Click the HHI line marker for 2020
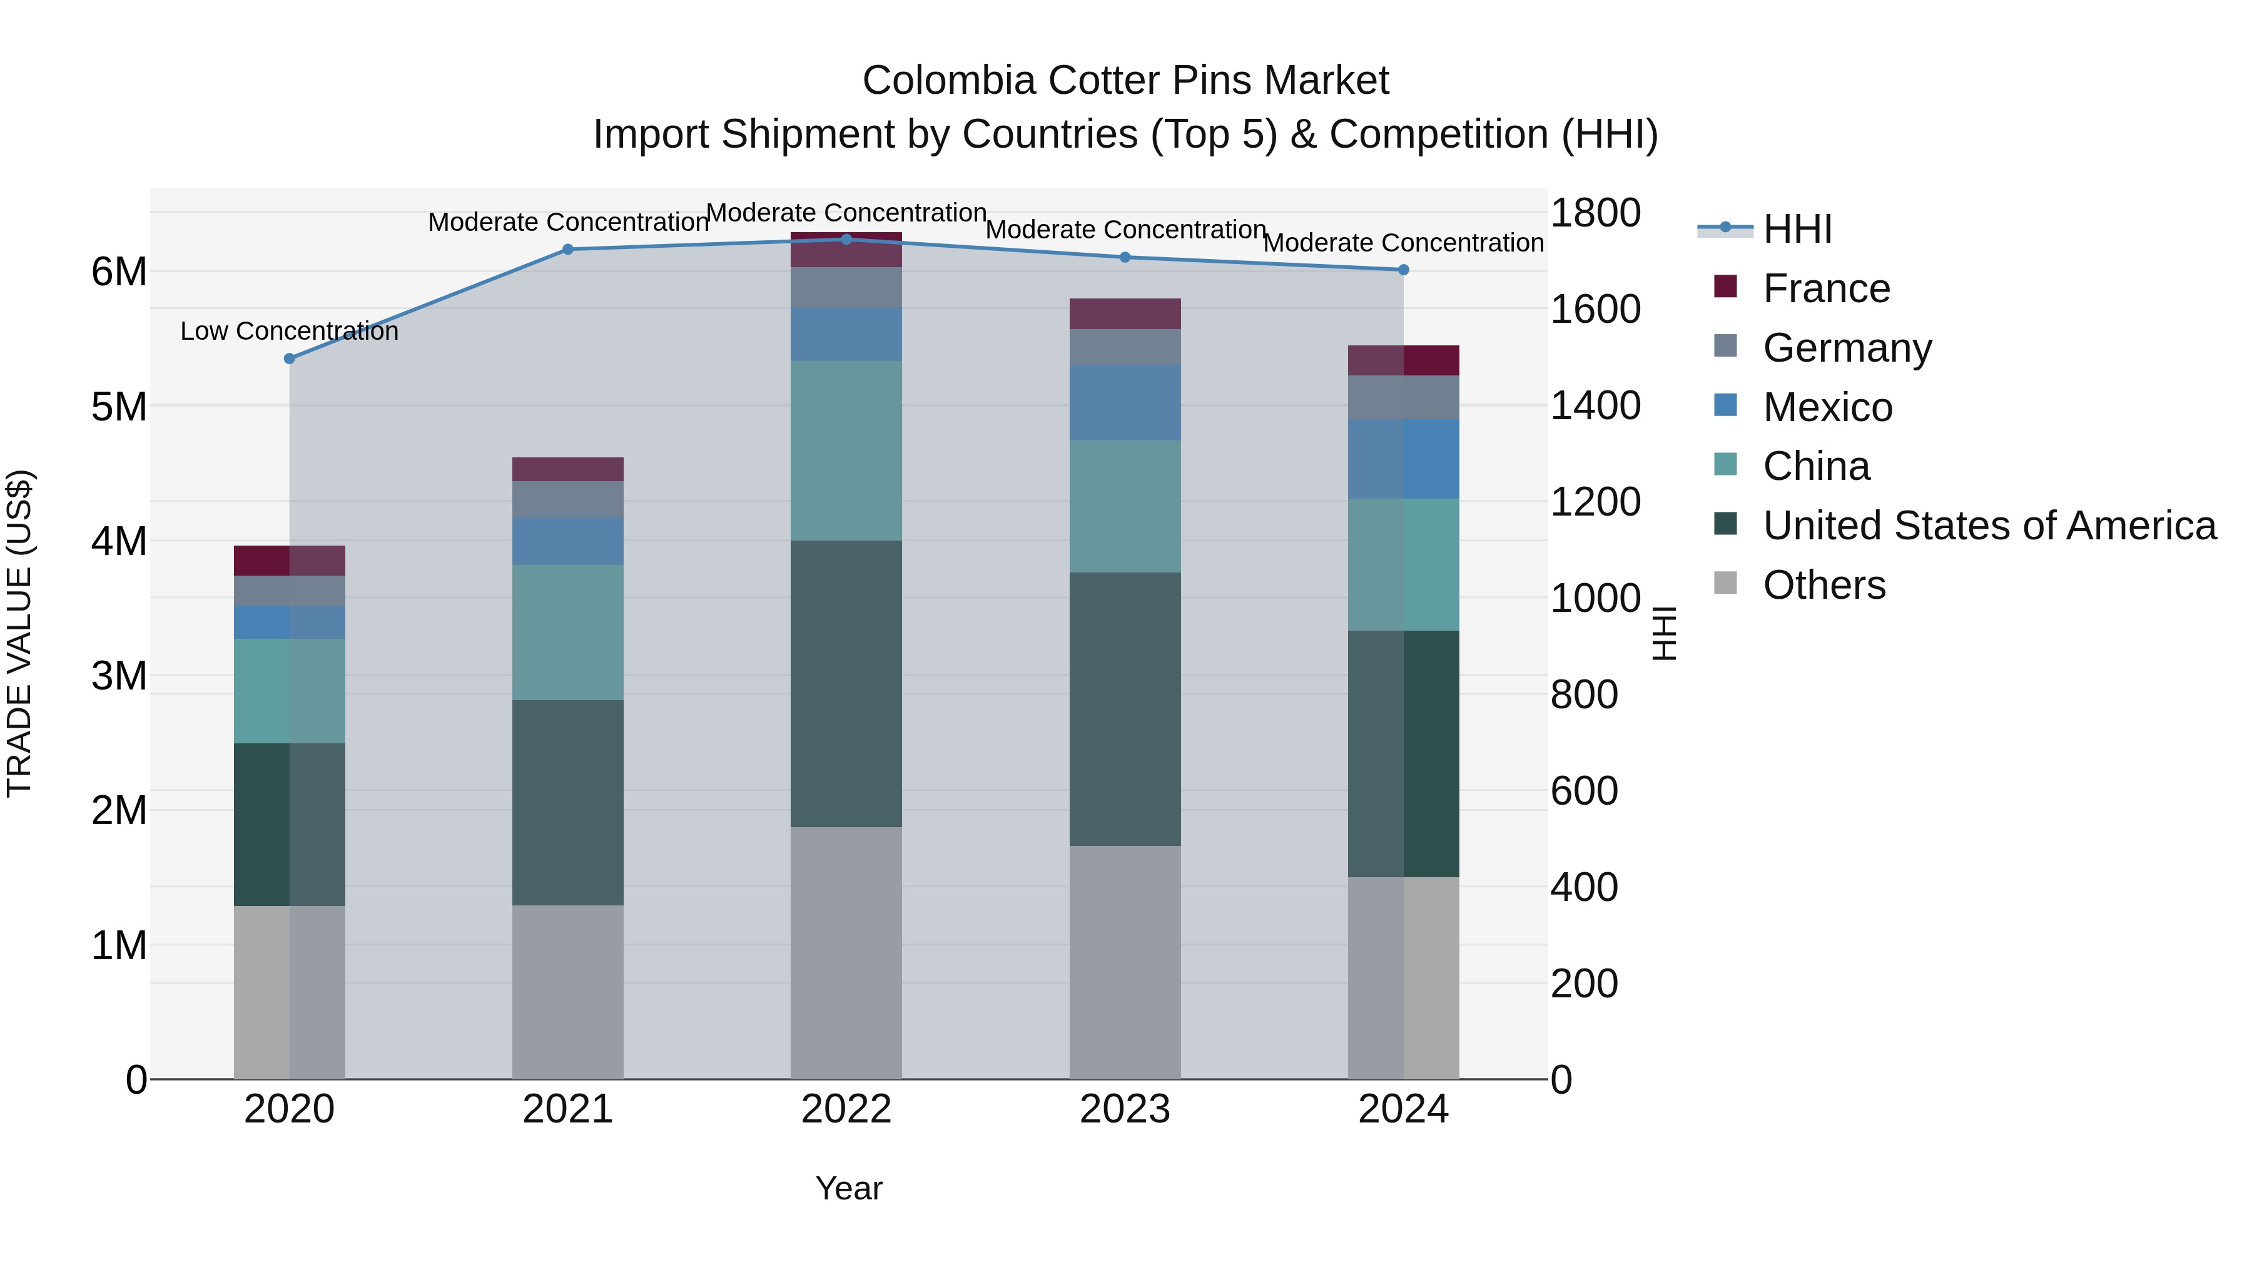pyautogui.click(x=290, y=359)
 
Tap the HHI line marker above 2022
pyautogui.click(x=846, y=240)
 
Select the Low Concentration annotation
pyautogui.click(x=290, y=332)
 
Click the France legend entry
pyautogui.click(x=1825, y=288)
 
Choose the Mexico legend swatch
pyautogui.click(x=1726, y=405)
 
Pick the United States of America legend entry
pyautogui.click(x=1989, y=526)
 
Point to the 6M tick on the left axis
pyautogui.click(x=119, y=272)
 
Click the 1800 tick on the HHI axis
pyautogui.click(x=1595, y=213)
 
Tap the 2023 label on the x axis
pyautogui.click(x=1125, y=1109)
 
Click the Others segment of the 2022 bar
pyautogui.click(x=846, y=953)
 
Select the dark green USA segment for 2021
pyautogui.click(x=567, y=803)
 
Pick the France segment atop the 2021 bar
pyautogui.click(x=567, y=469)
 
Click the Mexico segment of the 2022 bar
pyautogui.click(x=846, y=334)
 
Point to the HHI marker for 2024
pyautogui.click(x=1404, y=270)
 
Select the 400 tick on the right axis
pyautogui.click(x=1584, y=887)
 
